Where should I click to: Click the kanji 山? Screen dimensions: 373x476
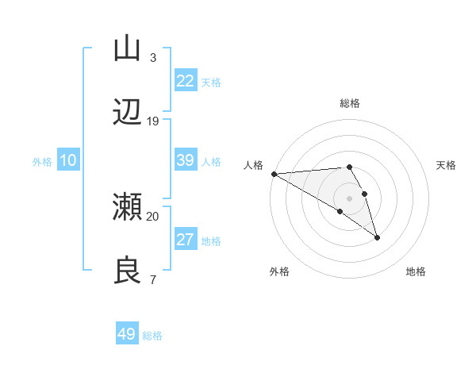127,48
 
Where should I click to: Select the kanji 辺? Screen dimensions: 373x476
127,113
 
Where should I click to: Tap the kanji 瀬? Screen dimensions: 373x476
127,207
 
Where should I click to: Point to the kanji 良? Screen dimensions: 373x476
127,271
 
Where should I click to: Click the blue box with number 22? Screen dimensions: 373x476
185,81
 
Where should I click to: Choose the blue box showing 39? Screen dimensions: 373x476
185,160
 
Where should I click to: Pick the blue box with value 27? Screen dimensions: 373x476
185,240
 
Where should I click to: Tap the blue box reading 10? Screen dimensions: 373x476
67,160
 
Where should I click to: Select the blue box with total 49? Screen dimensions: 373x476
127,334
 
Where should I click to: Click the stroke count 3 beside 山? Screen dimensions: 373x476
152,57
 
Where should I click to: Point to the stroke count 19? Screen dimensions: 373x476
153,121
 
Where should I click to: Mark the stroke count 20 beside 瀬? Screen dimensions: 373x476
153,216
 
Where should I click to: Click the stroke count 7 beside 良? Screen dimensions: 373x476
152,279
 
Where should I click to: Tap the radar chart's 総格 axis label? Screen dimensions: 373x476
350,103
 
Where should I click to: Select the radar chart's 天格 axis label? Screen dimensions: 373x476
447,165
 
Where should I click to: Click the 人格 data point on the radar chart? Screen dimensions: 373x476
274,173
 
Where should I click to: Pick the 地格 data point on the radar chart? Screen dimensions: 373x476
377,237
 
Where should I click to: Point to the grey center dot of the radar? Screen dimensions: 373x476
350,198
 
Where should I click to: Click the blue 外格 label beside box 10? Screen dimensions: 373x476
42,162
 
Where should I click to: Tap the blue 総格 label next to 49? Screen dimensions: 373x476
153,336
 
